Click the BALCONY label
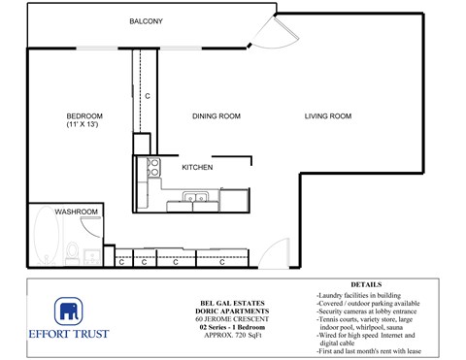coord(146,21)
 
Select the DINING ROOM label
coord(216,116)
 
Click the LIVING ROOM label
coord(327,116)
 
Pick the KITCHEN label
coord(197,168)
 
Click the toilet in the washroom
coord(73,254)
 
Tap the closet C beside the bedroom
coord(148,96)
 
